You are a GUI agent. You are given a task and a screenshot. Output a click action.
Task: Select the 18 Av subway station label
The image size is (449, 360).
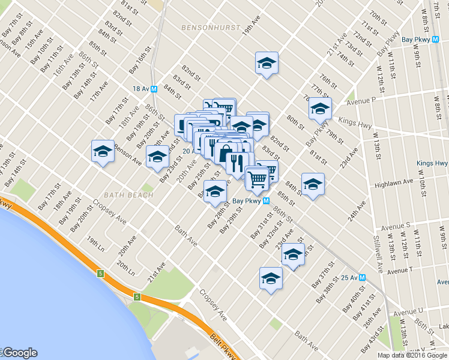140,88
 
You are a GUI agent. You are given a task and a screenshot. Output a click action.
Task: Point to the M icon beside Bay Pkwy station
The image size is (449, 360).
265,202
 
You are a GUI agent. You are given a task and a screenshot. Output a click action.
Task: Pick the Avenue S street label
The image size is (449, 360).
394,226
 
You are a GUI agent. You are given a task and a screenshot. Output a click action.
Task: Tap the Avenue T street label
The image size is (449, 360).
400,271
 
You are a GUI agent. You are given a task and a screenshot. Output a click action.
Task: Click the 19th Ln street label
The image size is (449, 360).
94,243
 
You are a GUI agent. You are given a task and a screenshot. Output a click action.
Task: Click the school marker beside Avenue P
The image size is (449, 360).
320,109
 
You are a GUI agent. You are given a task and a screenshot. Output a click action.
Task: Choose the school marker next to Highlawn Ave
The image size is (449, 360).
313,184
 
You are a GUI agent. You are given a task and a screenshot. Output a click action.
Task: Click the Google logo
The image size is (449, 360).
20,353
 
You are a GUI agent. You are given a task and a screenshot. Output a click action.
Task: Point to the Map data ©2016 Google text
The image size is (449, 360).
412,355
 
